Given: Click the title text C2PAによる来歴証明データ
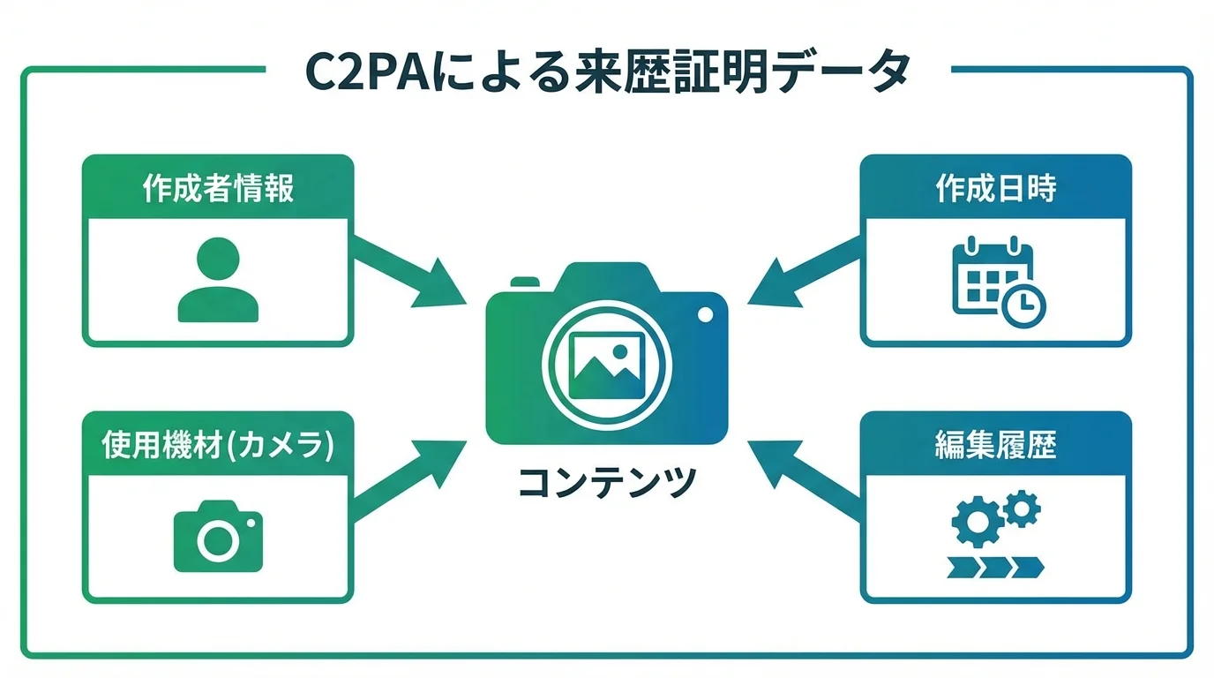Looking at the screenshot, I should click(607, 72).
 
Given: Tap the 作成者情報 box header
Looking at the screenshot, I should click(218, 189).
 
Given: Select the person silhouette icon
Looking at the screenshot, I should click(218, 280).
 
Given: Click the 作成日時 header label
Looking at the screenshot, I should click(995, 189).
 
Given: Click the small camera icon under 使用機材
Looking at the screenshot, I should click(218, 536).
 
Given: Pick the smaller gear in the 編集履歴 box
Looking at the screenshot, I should click(1023, 508).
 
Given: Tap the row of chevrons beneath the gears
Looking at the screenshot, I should click(995, 567).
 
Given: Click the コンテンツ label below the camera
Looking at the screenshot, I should click(607, 482).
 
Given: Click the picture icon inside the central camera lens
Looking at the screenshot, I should click(607, 365).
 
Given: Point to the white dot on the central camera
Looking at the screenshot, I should click(704, 314).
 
